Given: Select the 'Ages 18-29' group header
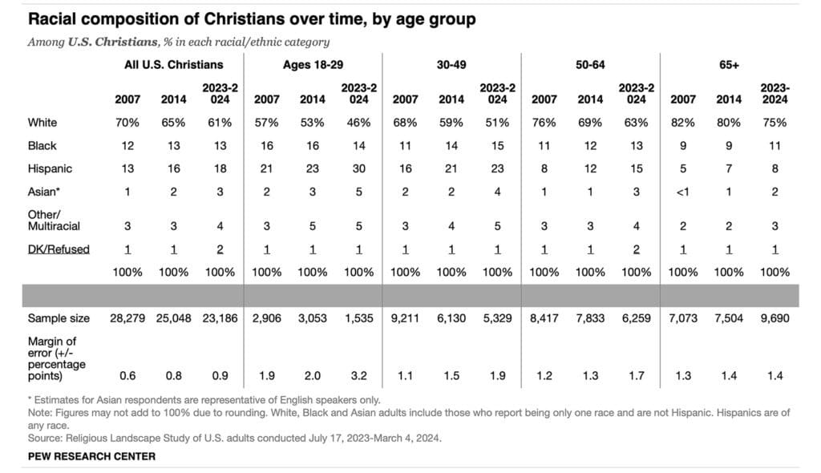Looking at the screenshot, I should pos(313,64).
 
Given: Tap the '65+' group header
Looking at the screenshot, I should pos(729,64).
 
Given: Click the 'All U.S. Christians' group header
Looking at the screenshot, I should pos(173,64).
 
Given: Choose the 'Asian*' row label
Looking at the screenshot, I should pos(45,192).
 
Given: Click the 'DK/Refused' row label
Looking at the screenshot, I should pos(58,249).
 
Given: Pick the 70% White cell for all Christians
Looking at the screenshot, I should pos(127,123).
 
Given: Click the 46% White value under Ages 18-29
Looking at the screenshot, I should pos(359,123).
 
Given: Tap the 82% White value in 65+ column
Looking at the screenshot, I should pos(682,123).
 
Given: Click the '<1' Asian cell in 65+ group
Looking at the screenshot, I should pos(682,192).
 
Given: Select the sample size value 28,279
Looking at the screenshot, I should pos(127,318).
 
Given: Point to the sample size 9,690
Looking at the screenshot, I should pos(774,318).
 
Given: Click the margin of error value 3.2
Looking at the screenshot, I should pos(359,374).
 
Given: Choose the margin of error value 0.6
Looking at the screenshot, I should pos(127,374).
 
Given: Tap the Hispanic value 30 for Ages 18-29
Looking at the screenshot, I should pos(359,169).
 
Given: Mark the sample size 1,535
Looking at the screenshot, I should pos(359,318).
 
